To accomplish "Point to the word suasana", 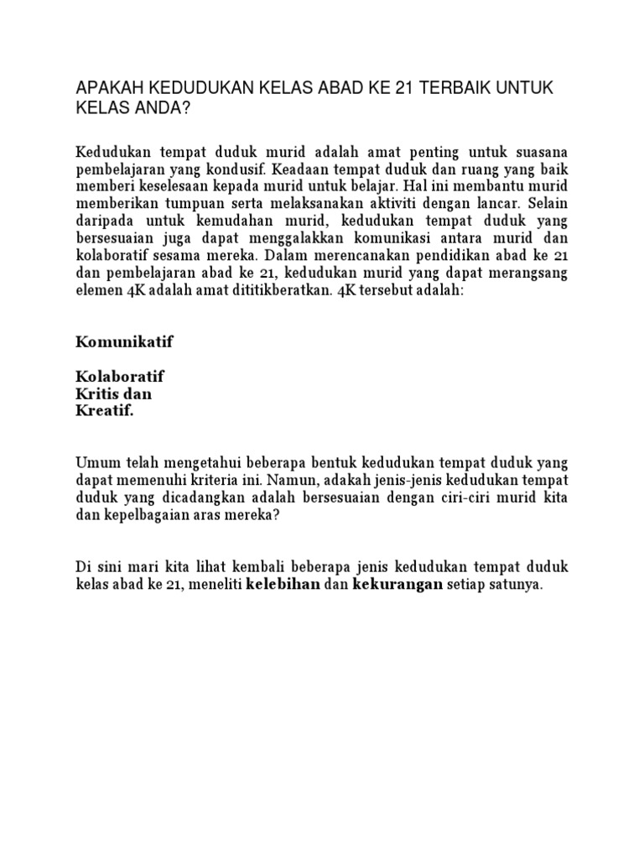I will (536, 152).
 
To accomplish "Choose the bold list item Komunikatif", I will (126, 341).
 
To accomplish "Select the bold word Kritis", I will (100, 394).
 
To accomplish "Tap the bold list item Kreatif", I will (105, 412).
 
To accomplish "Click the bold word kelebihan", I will (283, 586).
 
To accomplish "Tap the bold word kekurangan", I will (397, 586).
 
